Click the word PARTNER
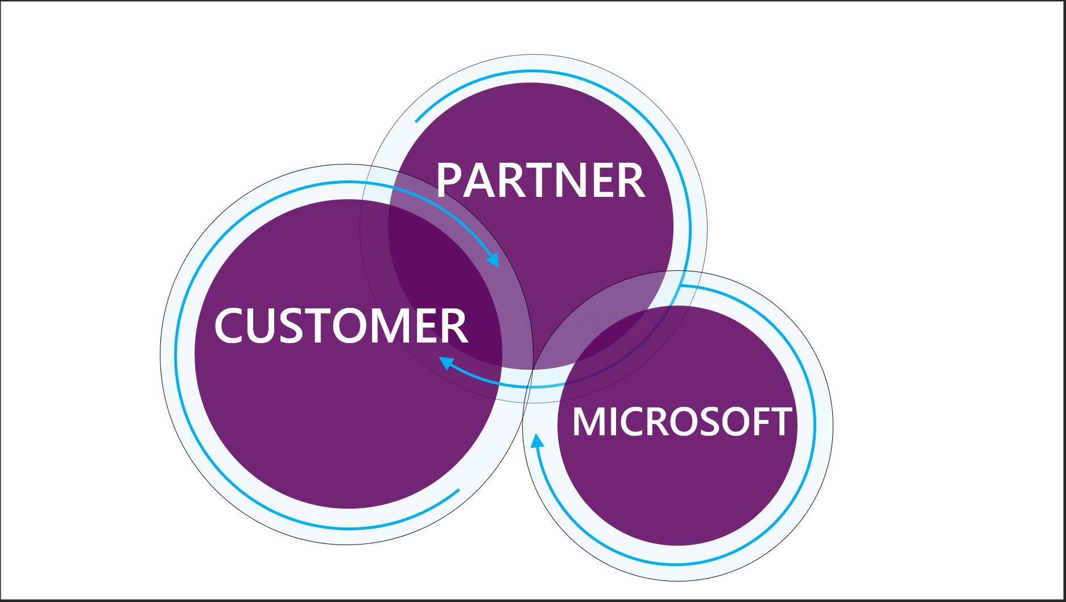[x=540, y=180]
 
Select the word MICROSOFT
[x=681, y=422]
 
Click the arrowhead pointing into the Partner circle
[x=493, y=261]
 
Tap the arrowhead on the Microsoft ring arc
[x=535, y=442]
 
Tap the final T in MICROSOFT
[x=780, y=422]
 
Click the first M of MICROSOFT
[x=587, y=422]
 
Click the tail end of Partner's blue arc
[x=417, y=121]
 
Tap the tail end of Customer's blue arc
[x=457, y=490]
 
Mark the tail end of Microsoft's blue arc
[x=681, y=286]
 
